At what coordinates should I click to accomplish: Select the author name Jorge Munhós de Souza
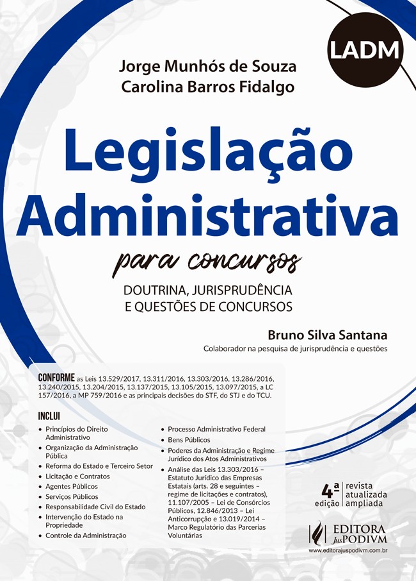(207, 66)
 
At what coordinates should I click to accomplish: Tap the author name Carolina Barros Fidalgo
(209, 88)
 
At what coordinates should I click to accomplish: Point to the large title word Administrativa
(207, 211)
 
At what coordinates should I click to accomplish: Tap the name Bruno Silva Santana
(328, 335)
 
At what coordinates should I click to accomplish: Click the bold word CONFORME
(56, 378)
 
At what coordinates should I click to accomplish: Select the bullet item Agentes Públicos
(72, 486)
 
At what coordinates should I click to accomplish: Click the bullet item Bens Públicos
(189, 440)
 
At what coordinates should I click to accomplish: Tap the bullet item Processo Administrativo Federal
(216, 429)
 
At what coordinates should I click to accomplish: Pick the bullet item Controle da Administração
(86, 535)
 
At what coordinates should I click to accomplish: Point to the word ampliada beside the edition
(364, 503)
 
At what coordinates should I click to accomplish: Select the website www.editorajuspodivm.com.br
(349, 550)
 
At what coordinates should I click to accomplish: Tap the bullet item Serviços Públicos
(72, 496)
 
